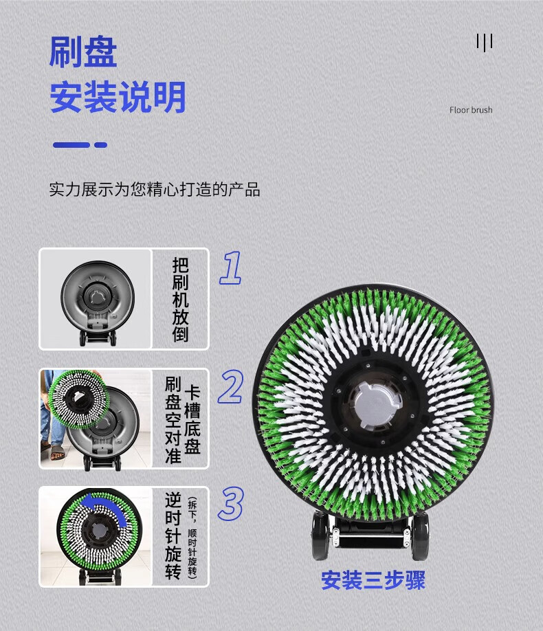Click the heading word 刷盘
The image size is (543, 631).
click(x=83, y=52)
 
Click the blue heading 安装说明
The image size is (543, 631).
click(x=118, y=97)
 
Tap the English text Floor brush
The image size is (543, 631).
click(x=471, y=110)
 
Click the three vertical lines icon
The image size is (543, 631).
click(x=484, y=42)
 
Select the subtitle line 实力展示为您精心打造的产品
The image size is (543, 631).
click(x=155, y=190)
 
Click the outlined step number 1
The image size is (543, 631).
click(x=231, y=267)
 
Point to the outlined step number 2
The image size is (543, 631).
click(x=231, y=387)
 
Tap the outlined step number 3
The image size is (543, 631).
click(x=231, y=503)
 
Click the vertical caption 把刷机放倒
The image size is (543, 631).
click(x=180, y=300)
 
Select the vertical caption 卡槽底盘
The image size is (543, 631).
click(x=192, y=420)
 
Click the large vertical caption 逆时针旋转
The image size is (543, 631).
click(x=173, y=536)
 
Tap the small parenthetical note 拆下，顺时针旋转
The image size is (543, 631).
click(x=192, y=538)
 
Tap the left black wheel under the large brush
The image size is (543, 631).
click(x=321, y=536)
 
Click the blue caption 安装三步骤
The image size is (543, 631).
click(x=373, y=580)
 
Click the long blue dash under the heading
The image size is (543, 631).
click(x=71, y=145)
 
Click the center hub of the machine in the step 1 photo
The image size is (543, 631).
click(x=98, y=298)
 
